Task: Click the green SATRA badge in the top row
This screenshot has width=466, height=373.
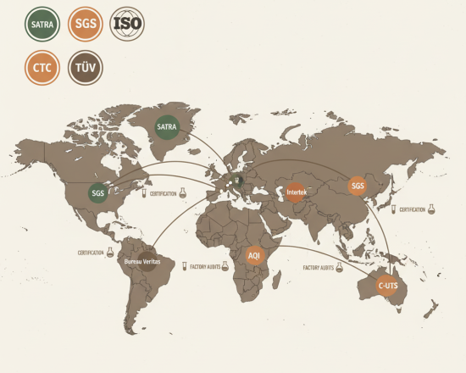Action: (x=42, y=25)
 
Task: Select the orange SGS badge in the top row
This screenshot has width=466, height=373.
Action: (x=86, y=25)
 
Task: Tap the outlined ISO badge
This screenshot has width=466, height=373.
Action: (x=127, y=25)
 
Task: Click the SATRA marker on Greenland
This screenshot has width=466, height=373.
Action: (x=167, y=127)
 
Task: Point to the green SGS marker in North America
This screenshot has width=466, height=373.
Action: (x=98, y=192)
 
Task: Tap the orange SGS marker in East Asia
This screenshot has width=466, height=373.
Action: (x=358, y=186)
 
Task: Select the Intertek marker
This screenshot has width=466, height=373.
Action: (x=295, y=193)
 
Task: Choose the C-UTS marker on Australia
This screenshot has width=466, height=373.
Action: (x=388, y=286)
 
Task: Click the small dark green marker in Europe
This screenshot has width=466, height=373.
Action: (x=238, y=179)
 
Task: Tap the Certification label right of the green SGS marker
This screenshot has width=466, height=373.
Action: (x=164, y=194)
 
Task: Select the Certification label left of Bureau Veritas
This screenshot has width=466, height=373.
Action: (x=91, y=253)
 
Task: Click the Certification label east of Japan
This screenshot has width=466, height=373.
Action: (x=412, y=209)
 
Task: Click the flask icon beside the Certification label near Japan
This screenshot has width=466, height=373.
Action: (x=432, y=209)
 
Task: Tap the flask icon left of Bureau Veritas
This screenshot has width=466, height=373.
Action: (x=110, y=252)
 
